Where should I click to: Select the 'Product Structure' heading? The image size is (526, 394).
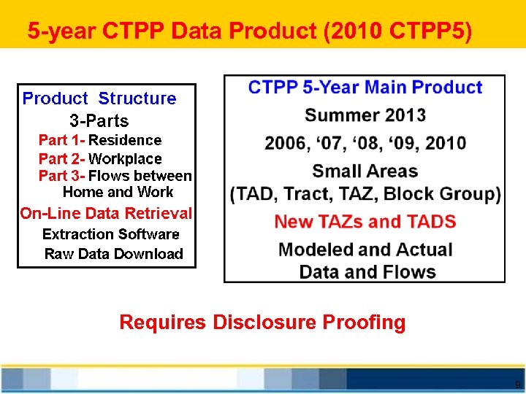click(99, 98)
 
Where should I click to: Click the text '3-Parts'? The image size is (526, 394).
click(99, 120)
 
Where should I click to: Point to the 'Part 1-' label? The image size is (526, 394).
click(61, 140)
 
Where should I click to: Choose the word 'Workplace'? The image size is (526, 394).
click(125, 158)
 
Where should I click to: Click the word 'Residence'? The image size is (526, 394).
click(125, 140)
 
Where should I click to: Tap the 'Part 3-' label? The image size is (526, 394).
click(61, 176)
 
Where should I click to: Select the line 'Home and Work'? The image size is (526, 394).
click(118, 193)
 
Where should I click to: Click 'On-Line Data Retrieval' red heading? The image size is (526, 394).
click(106, 214)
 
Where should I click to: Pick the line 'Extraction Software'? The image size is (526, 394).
click(110, 234)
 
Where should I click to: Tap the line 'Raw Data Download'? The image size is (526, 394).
click(113, 254)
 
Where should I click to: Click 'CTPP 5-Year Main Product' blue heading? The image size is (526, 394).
click(365, 88)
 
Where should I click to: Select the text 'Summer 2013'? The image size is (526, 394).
click(365, 115)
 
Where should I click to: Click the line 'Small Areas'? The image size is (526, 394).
click(365, 171)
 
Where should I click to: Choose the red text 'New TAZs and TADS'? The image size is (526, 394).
click(365, 222)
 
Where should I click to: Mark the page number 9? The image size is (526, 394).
click(517, 385)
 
